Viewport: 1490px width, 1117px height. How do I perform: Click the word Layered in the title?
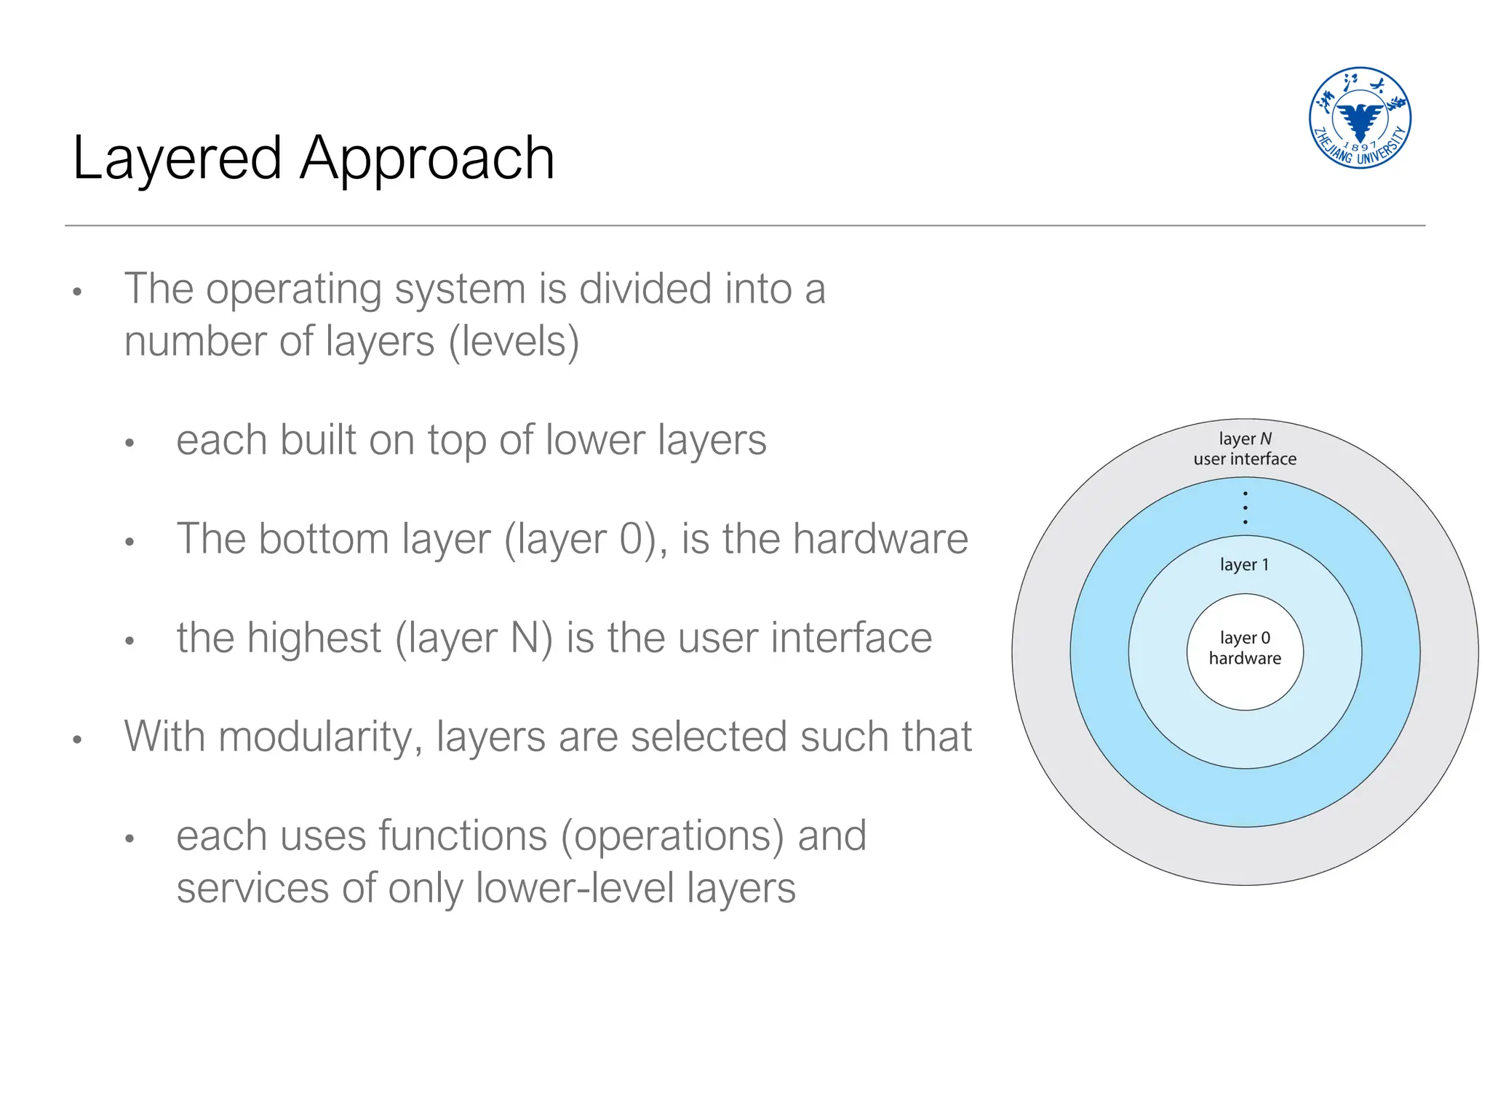tap(177, 159)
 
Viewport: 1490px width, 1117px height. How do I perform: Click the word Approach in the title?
tap(427, 159)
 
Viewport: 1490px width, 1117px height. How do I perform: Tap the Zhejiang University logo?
tap(1359, 118)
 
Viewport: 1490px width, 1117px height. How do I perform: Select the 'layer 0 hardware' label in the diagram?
tap(1245, 648)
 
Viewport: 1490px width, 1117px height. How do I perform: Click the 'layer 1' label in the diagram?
tap(1244, 564)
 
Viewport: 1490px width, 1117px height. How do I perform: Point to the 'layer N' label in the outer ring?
tap(1245, 439)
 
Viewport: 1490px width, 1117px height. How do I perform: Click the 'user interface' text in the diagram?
tap(1245, 459)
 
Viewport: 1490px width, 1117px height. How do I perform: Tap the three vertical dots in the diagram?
tap(1245, 508)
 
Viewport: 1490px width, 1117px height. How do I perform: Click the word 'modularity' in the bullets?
tap(320, 737)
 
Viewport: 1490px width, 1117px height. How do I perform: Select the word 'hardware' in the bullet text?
tap(880, 539)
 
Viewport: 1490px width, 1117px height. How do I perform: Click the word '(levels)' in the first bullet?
tap(514, 342)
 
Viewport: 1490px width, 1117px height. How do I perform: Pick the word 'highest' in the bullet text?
tap(314, 638)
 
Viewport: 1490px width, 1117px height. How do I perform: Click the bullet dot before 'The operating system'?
tap(78, 292)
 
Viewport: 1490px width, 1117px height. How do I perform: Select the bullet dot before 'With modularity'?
tap(78, 740)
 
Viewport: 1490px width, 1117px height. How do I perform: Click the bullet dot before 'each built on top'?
tap(130, 443)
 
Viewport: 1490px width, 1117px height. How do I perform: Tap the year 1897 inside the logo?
tap(1359, 145)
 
